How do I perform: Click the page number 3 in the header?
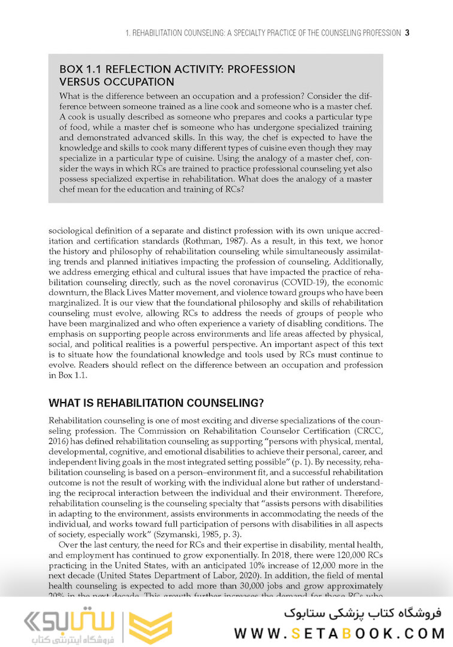pyautogui.click(x=407, y=33)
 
